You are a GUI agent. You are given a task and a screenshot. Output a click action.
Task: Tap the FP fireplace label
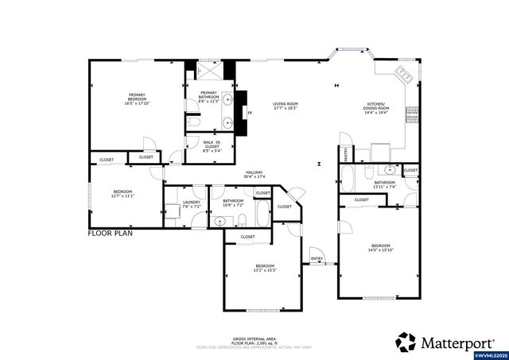click(x=249, y=113)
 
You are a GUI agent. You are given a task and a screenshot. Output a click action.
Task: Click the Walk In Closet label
click(x=212, y=145)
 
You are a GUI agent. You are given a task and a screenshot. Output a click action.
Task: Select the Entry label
click(x=317, y=257)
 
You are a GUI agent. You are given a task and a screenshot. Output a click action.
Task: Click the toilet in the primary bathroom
click(x=195, y=124)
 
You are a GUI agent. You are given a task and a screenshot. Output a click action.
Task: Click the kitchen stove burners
click(x=413, y=116)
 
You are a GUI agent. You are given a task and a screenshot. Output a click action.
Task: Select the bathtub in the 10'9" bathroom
click(x=263, y=212)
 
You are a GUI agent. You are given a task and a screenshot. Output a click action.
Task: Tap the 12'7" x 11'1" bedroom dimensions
click(x=122, y=195)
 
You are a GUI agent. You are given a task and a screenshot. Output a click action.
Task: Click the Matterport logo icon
click(x=406, y=342)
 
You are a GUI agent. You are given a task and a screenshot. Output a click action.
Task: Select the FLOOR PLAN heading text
click(x=110, y=234)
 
